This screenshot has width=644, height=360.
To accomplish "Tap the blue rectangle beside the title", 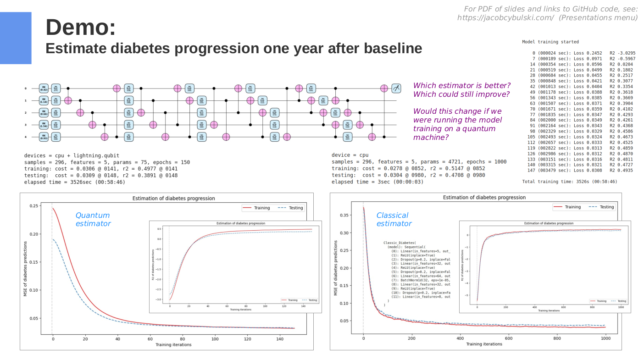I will tap(16, 38).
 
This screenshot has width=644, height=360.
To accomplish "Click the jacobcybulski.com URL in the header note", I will tap(505, 17).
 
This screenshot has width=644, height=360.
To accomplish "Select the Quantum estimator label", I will tap(93, 219).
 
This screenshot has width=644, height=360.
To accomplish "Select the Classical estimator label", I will tap(394, 219).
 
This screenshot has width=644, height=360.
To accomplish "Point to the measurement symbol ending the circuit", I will tap(396, 88).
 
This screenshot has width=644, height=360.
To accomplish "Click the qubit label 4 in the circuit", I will tap(26, 137).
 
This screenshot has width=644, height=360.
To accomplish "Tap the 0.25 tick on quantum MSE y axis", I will tap(34, 206).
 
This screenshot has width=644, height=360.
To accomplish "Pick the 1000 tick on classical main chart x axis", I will tap(605, 338).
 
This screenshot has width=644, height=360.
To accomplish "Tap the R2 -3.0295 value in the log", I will tap(622, 53).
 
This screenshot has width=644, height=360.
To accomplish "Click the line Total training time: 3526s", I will tap(570, 182).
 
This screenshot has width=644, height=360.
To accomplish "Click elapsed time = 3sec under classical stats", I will tap(378, 182).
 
